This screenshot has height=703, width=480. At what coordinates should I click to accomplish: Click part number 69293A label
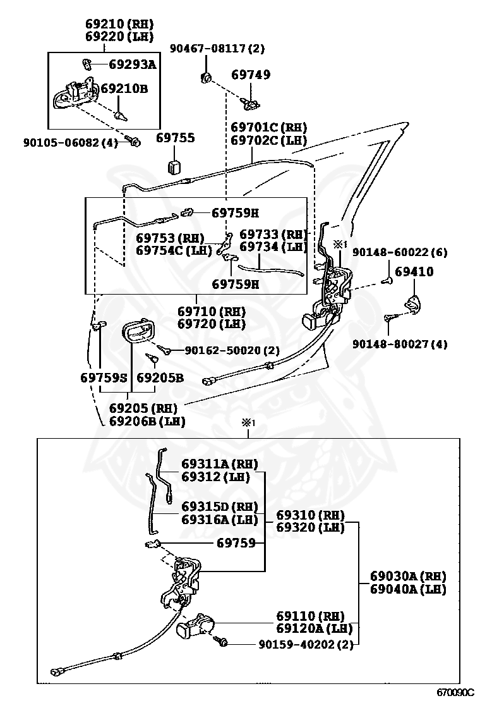(x=133, y=64)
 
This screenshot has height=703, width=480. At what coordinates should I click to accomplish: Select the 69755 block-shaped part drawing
(x=174, y=166)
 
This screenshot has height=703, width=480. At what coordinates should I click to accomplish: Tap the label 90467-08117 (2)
(x=217, y=49)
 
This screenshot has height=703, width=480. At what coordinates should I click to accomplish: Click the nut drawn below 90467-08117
(x=206, y=78)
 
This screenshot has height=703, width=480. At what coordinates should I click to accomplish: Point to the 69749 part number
(x=251, y=75)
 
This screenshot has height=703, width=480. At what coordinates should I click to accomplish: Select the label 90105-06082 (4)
(x=71, y=143)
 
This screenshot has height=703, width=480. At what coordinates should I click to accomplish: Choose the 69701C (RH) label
(x=268, y=127)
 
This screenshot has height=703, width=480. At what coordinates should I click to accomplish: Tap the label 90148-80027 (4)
(x=399, y=345)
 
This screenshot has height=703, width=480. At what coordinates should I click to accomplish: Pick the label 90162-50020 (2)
(x=232, y=350)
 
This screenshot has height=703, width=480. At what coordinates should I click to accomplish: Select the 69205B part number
(x=160, y=378)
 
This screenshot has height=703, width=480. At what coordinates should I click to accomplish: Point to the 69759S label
(x=104, y=378)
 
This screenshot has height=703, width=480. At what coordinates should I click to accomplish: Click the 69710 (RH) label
(x=212, y=311)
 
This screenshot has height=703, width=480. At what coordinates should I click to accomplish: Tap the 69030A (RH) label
(x=409, y=576)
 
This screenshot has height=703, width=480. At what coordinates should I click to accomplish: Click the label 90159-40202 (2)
(x=306, y=645)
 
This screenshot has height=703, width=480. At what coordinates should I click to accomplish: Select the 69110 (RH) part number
(x=310, y=616)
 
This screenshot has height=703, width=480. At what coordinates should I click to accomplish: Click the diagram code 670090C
(x=455, y=692)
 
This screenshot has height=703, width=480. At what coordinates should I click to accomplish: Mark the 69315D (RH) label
(x=219, y=506)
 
